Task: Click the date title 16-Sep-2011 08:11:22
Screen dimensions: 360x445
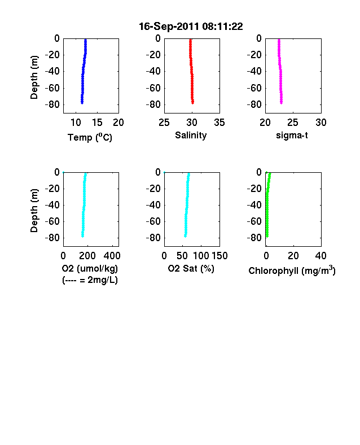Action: click(x=191, y=27)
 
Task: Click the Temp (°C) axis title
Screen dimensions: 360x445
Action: click(x=90, y=137)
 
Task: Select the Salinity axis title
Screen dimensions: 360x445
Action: click(x=191, y=135)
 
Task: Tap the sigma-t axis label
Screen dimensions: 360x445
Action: click(x=292, y=136)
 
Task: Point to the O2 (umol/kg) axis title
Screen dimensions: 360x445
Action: click(x=90, y=268)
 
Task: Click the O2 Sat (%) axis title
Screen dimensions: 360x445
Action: click(x=191, y=268)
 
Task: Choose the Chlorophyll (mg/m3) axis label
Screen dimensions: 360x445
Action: click(x=292, y=271)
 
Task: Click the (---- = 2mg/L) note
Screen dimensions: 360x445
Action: click(x=90, y=280)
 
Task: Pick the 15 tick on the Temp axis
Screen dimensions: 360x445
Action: click(x=97, y=123)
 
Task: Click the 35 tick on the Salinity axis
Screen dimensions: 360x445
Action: click(x=219, y=123)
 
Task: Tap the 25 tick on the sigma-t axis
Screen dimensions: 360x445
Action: click(x=293, y=123)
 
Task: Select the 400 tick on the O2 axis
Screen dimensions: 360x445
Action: click(x=112, y=256)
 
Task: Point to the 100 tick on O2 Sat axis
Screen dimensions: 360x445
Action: click(x=201, y=256)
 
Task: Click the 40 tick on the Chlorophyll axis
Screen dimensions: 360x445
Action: click(x=321, y=256)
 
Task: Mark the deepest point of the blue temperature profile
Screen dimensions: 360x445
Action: click(x=82, y=103)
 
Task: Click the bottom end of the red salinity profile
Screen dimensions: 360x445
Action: click(x=193, y=103)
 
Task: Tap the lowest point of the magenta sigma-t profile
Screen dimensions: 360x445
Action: click(x=282, y=103)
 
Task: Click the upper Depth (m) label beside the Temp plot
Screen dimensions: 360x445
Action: click(x=34, y=77)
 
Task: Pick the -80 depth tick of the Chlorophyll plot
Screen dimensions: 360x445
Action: click(x=254, y=238)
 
